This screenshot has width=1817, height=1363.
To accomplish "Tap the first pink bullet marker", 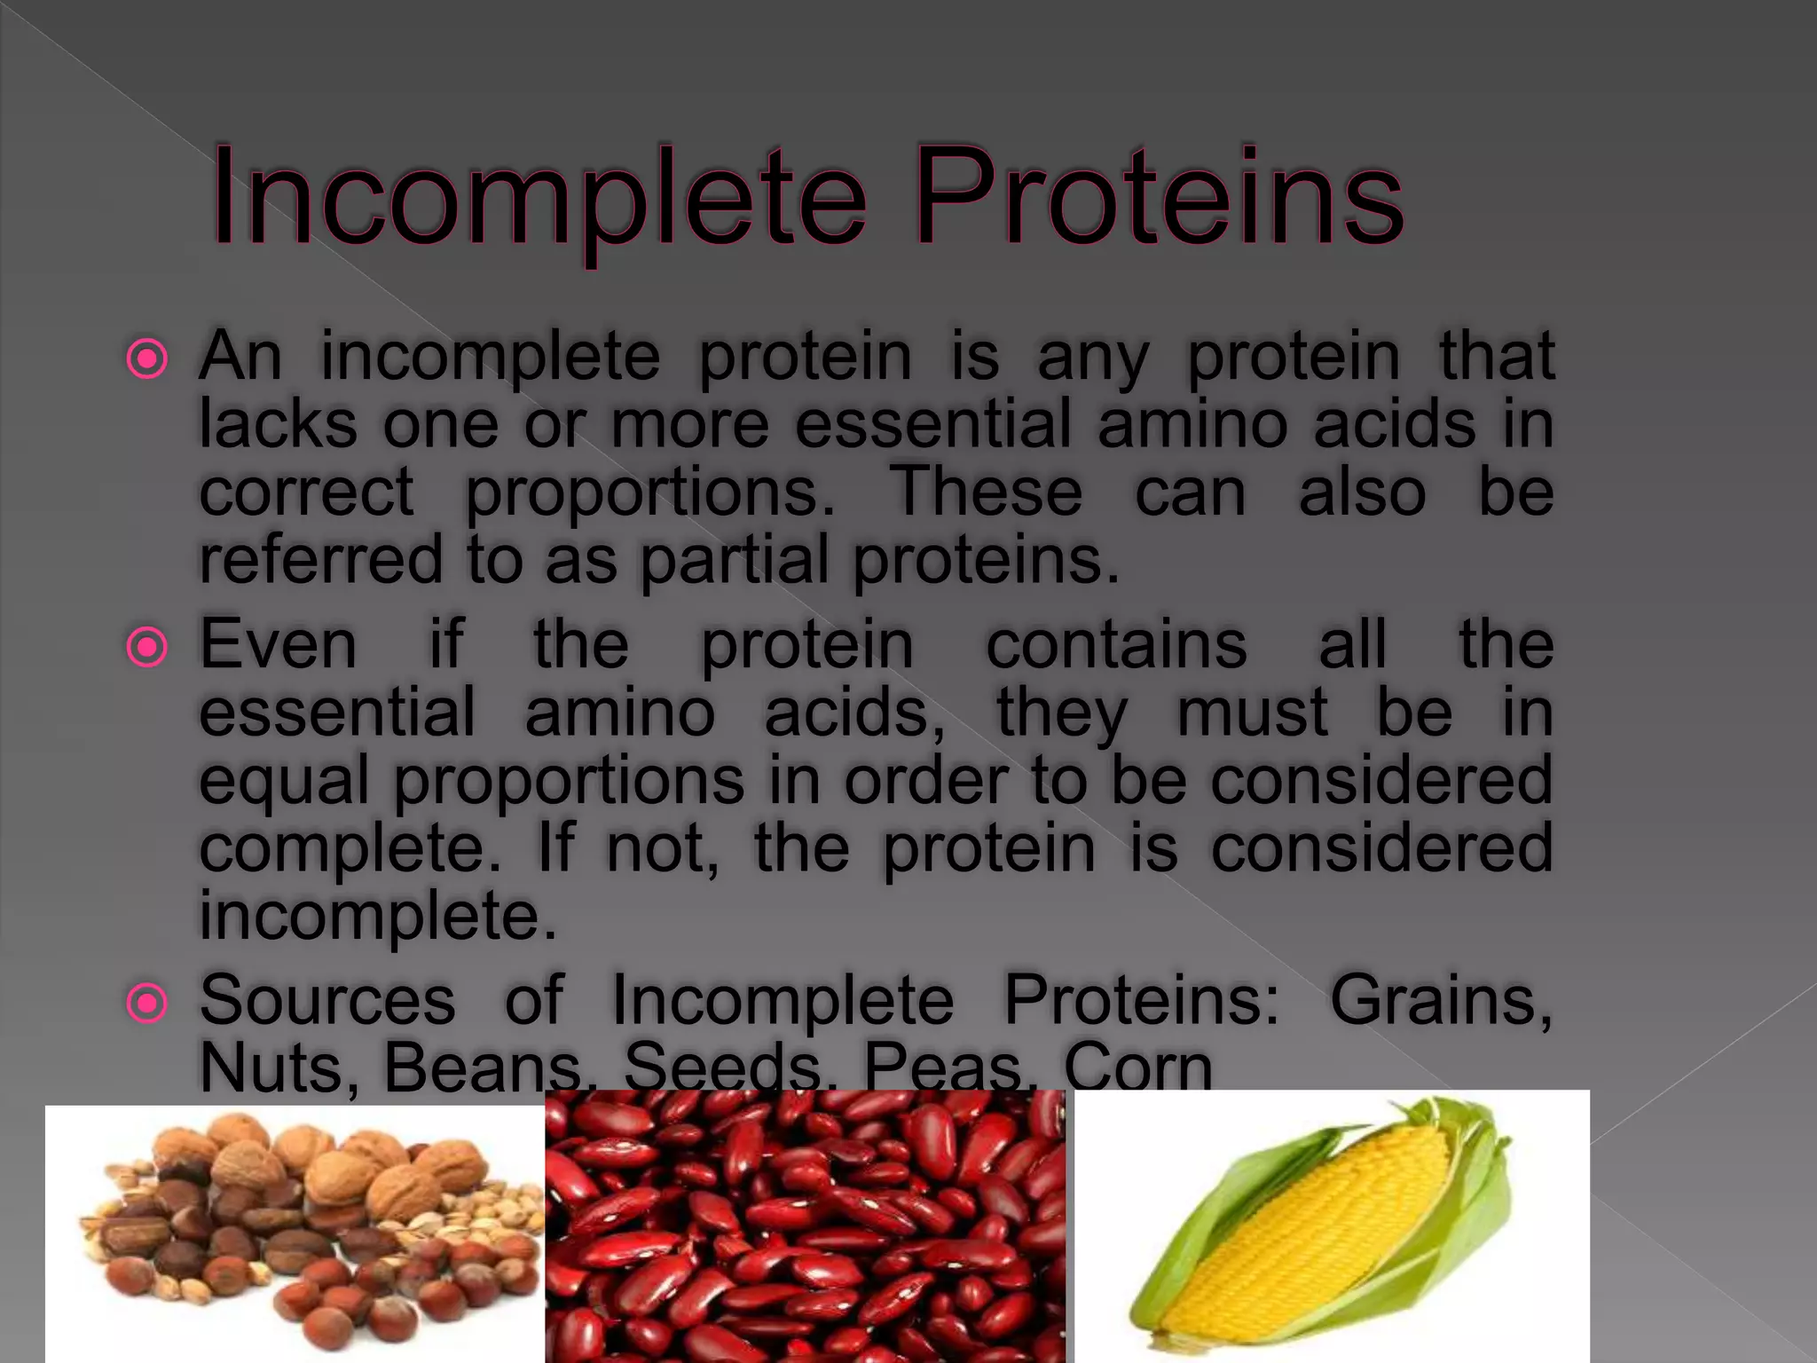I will (147, 360).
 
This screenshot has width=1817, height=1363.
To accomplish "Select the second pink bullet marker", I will (147, 648).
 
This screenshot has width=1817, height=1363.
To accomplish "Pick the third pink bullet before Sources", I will (147, 1004).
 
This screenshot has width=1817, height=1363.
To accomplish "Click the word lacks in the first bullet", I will (278, 424).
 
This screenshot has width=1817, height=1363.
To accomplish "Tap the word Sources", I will (327, 1000).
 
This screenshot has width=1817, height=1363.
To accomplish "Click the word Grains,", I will (1441, 1000).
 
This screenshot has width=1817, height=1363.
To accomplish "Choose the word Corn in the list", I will (1137, 1068).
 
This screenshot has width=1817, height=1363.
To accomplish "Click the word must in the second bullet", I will (1252, 713).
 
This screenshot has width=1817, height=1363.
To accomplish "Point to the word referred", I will (320, 561).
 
